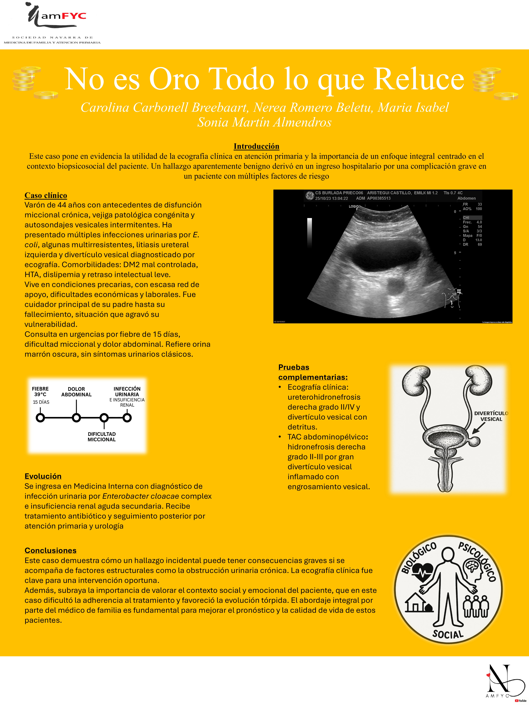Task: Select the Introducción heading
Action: [x=256, y=146]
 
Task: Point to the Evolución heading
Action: [x=43, y=476]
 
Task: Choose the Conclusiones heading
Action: [x=50, y=550]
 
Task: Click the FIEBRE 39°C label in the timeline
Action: [x=40, y=391]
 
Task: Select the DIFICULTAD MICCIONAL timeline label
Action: [x=102, y=437]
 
